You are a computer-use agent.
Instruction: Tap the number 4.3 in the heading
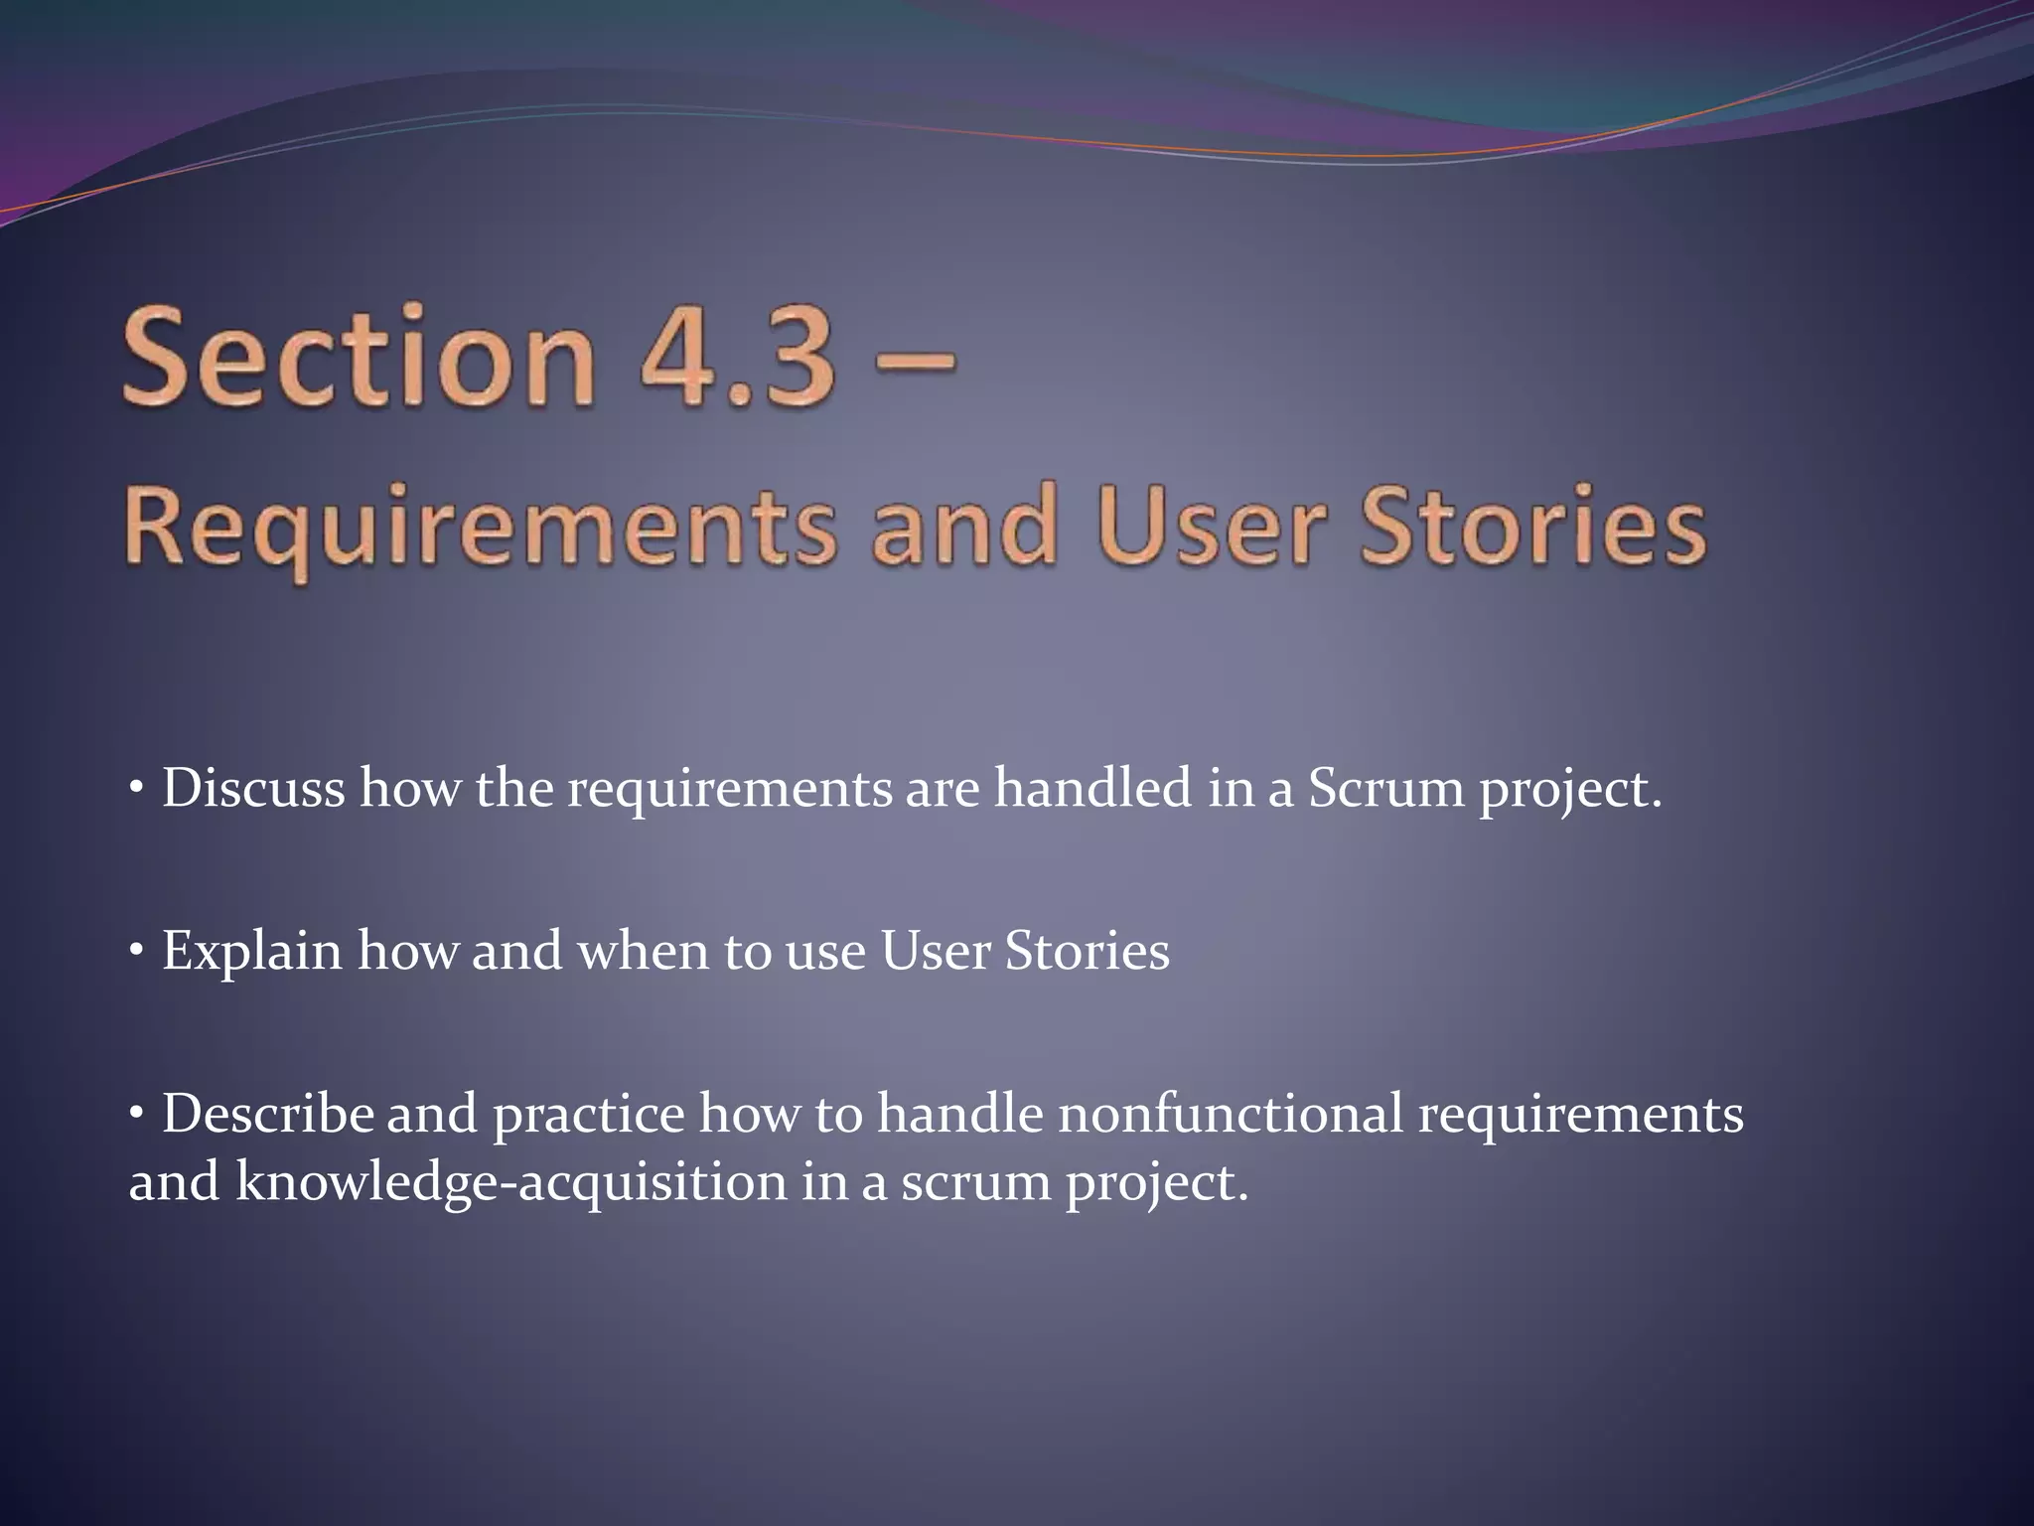736,358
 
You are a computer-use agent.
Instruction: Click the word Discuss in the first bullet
253,789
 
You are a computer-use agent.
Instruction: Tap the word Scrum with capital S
1385,789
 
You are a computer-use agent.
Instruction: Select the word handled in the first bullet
1093,789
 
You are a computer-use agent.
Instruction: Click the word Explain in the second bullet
252,952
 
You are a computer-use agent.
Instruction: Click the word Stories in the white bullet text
1087,952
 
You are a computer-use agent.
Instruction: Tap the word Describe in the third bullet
267,1115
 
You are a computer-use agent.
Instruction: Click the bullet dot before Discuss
137,791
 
